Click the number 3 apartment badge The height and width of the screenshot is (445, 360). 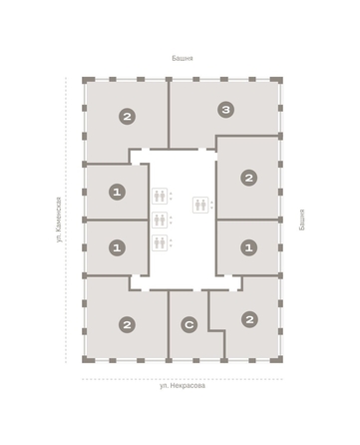tap(226, 110)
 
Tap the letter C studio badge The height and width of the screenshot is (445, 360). tap(189, 324)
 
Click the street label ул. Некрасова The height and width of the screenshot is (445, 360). tap(182, 386)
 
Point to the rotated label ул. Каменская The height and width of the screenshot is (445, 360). tap(59, 220)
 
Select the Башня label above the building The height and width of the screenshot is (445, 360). tap(182, 58)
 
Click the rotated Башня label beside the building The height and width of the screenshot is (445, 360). tap(301, 220)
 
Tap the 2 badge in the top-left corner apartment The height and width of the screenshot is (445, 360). tap(127, 117)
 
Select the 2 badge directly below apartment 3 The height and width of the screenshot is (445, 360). tap(249, 178)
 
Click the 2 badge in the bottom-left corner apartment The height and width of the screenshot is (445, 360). tap(127, 324)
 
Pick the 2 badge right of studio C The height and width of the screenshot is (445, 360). tap(249, 319)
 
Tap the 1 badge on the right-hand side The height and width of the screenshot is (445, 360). tap(249, 247)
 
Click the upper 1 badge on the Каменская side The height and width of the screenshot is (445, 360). tap(117, 192)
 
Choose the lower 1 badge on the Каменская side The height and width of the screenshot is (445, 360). tap(117, 247)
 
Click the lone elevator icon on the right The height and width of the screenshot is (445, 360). tap(200, 205)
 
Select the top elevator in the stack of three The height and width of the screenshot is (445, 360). tap(160, 196)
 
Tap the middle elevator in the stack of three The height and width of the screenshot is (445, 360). tap(160, 220)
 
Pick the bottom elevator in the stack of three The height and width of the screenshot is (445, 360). tap(160, 242)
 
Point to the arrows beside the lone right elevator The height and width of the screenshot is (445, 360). tap(211, 205)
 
